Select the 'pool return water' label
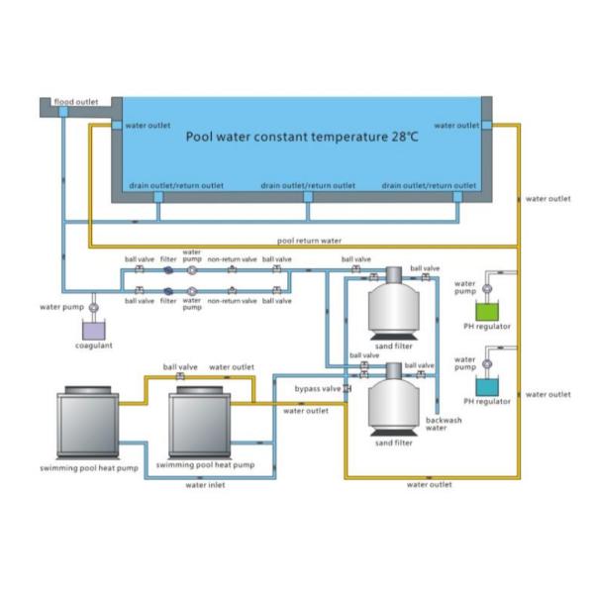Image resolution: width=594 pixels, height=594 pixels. [x=309, y=241]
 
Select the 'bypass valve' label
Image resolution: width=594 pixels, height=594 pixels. [x=317, y=389]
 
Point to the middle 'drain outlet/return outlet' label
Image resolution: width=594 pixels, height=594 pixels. [x=308, y=185]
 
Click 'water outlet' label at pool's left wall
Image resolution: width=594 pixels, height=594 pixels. [x=147, y=126]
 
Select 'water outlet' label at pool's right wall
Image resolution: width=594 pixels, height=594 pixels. [x=456, y=126]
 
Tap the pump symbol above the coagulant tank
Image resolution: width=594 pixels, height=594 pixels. [x=92, y=308]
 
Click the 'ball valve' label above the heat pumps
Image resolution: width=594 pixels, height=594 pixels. [x=180, y=366]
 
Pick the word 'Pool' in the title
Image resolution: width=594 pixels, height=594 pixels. [x=201, y=136]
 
